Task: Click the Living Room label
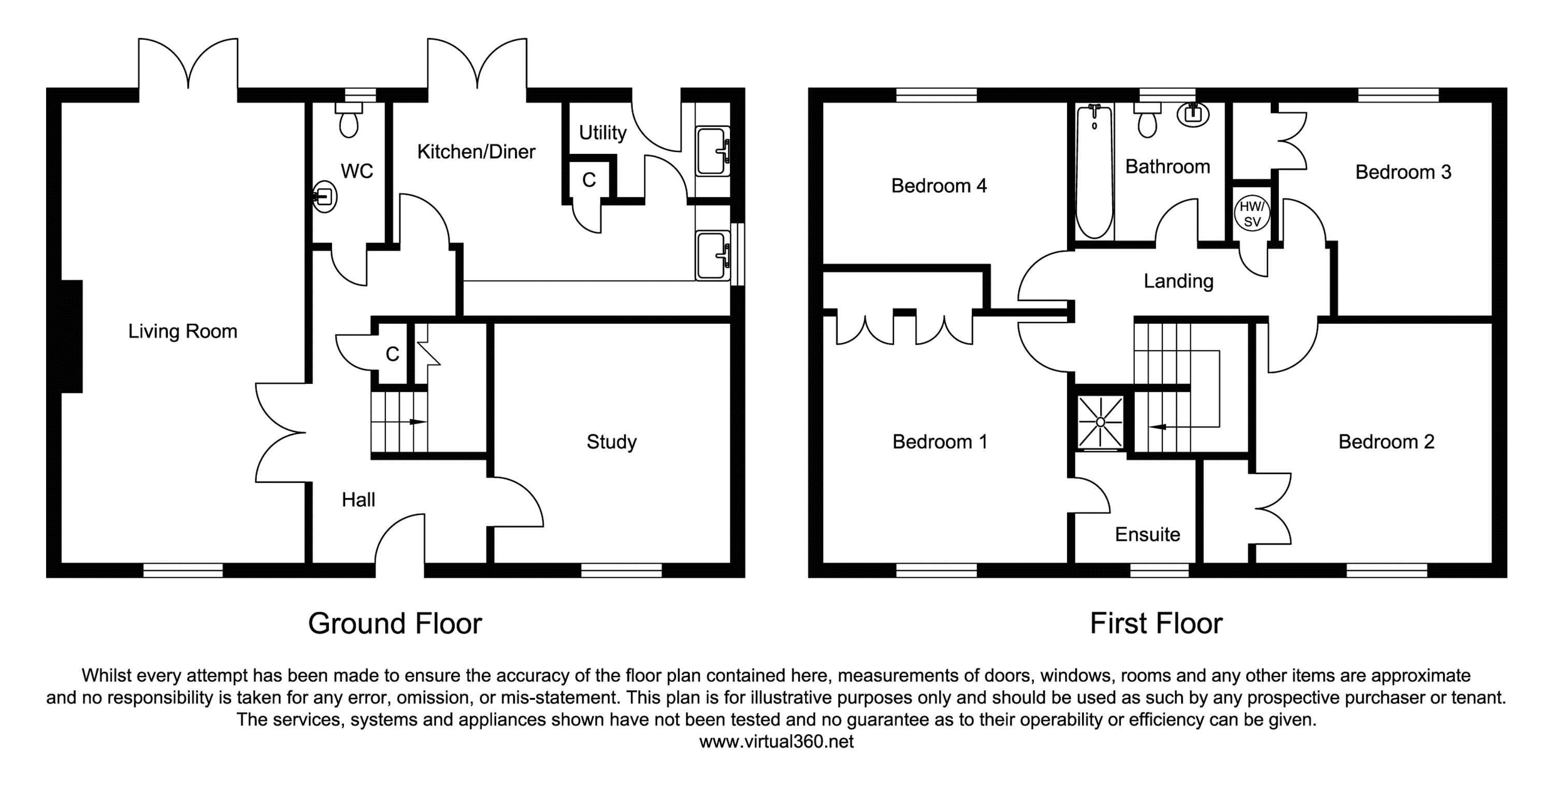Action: (x=182, y=331)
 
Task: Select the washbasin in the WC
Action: (x=325, y=197)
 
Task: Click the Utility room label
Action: (x=602, y=133)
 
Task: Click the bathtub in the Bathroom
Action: (x=1095, y=172)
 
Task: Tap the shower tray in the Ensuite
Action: (x=1101, y=422)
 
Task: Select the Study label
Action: (x=611, y=441)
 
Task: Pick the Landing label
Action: (x=1178, y=281)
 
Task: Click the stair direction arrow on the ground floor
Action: (x=417, y=422)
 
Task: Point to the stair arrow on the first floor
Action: (x=1158, y=427)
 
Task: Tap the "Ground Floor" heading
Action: (x=395, y=624)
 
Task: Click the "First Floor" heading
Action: (x=1156, y=624)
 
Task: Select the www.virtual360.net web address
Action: (x=776, y=741)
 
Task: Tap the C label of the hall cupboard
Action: (x=392, y=354)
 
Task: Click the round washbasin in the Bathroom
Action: (x=1192, y=115)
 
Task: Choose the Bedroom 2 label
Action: (x=1386, y=441)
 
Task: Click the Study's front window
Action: (x=622, y=570)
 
